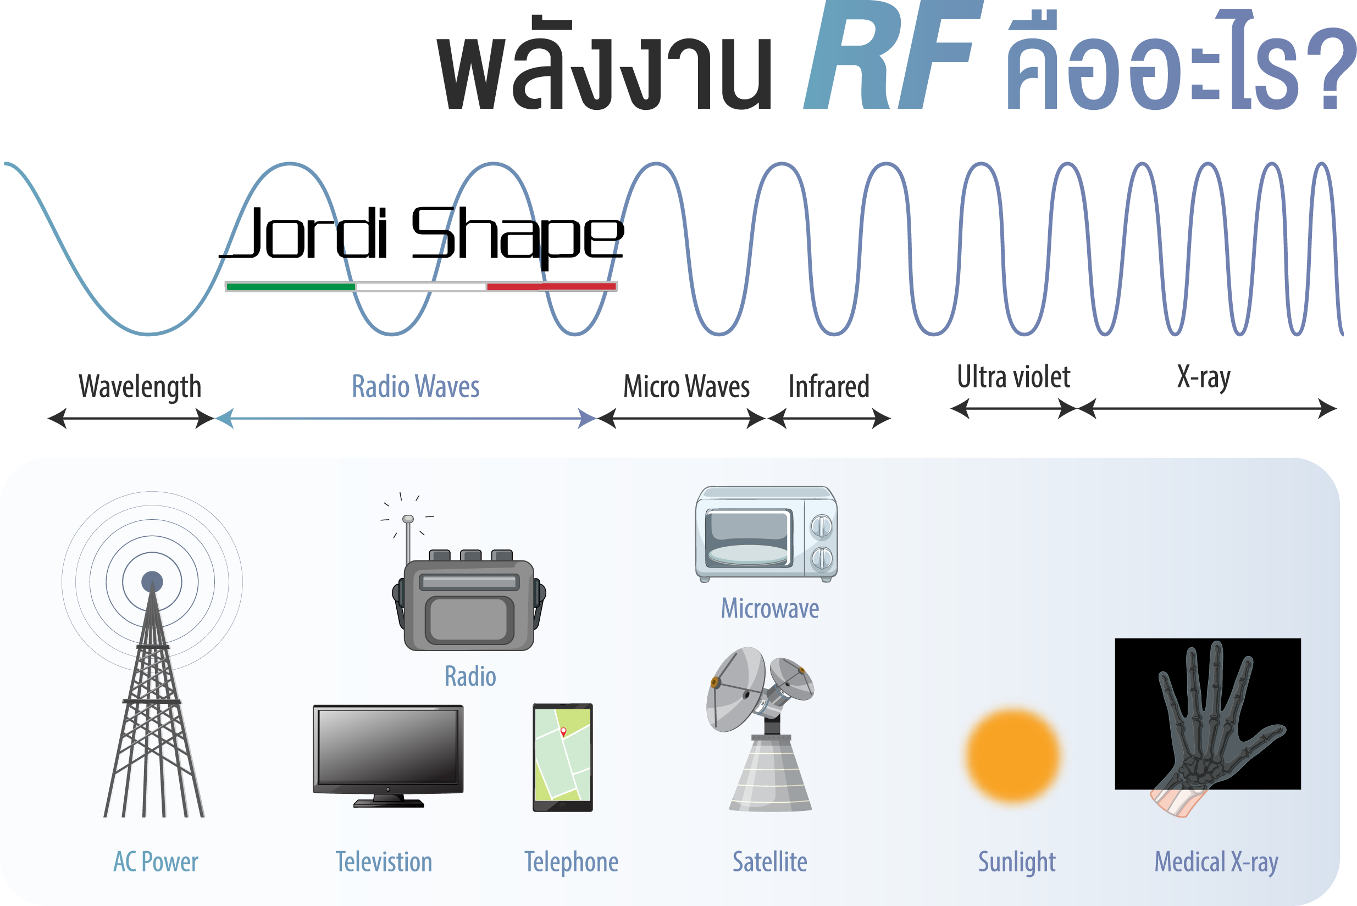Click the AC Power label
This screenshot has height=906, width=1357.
156,862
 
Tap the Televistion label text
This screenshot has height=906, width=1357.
384,862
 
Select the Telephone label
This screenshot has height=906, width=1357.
571,862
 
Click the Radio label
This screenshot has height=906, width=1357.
470,676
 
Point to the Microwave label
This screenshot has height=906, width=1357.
769,608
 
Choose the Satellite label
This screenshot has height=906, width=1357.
769,862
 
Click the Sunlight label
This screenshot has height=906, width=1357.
1017,862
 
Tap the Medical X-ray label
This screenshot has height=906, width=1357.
1216,862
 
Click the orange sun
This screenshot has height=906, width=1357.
1013,755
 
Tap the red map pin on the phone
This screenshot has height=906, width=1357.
563,731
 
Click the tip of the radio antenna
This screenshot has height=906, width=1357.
408,519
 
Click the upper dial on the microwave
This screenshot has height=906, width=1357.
821,526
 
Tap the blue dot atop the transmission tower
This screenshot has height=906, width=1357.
152,581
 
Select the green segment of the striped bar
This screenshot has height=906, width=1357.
291,287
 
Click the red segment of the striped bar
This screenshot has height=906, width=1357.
551,287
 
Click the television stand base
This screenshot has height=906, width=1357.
389,803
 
